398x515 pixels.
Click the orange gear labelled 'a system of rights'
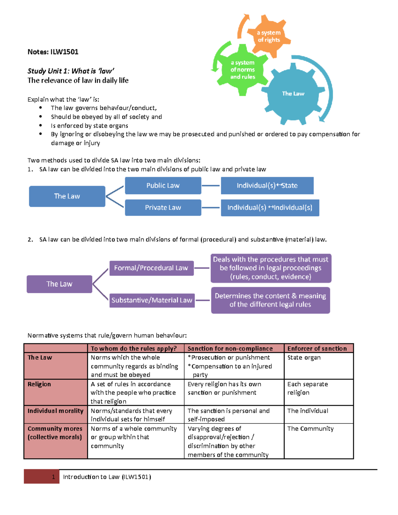pyautogui.click(x=269, y=36)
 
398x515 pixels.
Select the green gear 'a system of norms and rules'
pyautogui.click(x=243, y=70)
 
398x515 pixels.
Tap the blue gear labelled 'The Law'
pyautogui.click(x=293, y=94)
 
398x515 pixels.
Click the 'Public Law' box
pyautogui.click(x=163, y=185)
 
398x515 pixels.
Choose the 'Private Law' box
pyautogui.click(x=163, y=208)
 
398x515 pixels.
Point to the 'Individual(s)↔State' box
pyautogui.click(x=267, y=185)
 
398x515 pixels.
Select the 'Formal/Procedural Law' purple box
pyautogui.click(x=151, y=268)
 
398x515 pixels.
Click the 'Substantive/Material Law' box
pyautogui.click(x=152, y=300)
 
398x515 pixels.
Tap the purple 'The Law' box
pyautogui.click(x=59, y=284)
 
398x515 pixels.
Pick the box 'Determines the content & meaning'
pyautogui.click(x=270, y=300)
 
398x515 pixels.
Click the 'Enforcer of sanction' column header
pyautogui.click(x=317, y=349)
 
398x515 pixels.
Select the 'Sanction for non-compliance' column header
pyautogui.click(x=230, y=349)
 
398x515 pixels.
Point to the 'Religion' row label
pyautogui.click(x=39, y=384)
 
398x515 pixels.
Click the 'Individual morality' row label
pyautogui.click(x=55, y=411)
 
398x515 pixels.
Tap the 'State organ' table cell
pyautogui.click(x=304, y=357)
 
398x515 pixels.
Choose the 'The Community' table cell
pyautogui.click(x=310, y=428)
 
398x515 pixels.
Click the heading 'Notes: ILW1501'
pyautogui.click(x=53, y=52)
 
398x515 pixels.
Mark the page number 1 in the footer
pyautogui.click(x=53, y=477)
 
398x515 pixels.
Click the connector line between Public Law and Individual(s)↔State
pyautogui.click(x=211, y=185)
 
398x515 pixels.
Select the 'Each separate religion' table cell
pyautogui.click(x=307, y=388)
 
